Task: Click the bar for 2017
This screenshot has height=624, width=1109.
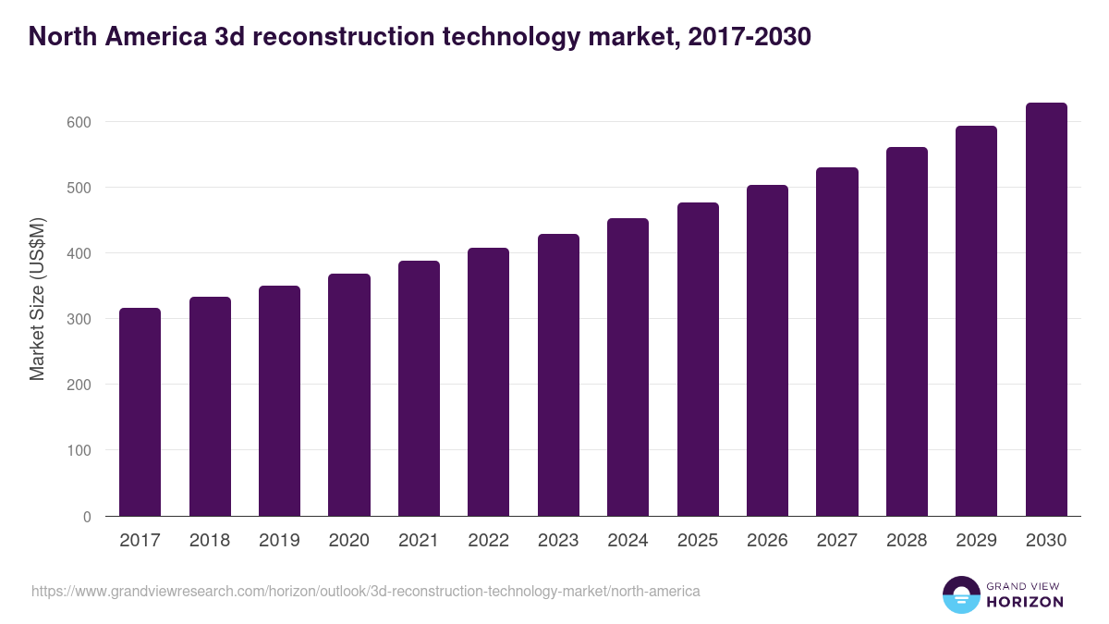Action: [x=140, y=412]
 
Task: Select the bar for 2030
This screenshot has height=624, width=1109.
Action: [x=1046, y=310]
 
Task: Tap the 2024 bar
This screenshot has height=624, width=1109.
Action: [x=628, y=367]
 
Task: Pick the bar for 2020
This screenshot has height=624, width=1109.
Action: [x=349, y=395]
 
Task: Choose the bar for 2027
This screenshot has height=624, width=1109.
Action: [x=837, y=342]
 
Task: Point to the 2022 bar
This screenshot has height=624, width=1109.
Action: [x=488, y=382]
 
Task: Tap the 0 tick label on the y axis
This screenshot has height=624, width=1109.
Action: [x=87, y=517]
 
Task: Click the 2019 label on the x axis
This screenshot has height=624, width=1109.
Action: [x=279, y=541]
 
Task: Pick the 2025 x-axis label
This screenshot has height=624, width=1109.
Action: [x=698, y=541]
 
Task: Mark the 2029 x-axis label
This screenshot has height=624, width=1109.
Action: [x=976, y=541]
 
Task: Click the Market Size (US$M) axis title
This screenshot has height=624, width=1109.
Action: [x=37, y=298]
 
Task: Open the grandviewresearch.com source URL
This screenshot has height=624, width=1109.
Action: [x=366, y=591]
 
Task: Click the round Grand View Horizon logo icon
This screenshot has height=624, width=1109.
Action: [x=960, y=594]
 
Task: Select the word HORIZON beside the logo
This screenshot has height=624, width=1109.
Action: [x=1025, y=602]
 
